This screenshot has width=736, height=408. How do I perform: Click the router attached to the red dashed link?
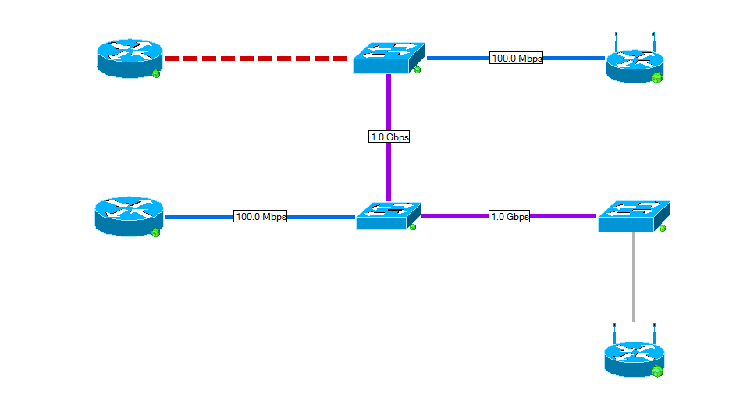point(130,59)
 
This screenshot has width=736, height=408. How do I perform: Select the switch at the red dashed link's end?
point(389,58)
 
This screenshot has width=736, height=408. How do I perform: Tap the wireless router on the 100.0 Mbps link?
point(635,62)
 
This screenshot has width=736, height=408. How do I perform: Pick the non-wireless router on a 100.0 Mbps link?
point(129,215)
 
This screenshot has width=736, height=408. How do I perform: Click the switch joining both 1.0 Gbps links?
point(388,215)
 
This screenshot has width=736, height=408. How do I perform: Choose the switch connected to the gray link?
point(633,215)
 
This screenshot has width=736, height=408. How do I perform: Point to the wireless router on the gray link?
point(633,357)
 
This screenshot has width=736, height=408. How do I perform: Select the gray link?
point(633,277)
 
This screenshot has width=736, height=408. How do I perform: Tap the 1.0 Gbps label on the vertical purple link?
point(389,137)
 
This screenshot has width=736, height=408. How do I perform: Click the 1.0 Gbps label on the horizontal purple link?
point(509,216)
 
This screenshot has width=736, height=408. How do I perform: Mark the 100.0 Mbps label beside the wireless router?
point(516,58)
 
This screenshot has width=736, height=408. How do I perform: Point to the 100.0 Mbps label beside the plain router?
point(261,216)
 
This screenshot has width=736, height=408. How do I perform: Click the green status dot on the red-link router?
point(156,73)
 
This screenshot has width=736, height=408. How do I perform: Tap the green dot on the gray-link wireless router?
point(657,371)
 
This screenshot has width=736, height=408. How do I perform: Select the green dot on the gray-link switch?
point(663,228)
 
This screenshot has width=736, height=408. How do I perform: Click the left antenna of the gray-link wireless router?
point(615,331)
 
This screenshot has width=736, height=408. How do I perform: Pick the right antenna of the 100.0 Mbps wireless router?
point(654,41)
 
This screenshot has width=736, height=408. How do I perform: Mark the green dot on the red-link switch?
point(418,70)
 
